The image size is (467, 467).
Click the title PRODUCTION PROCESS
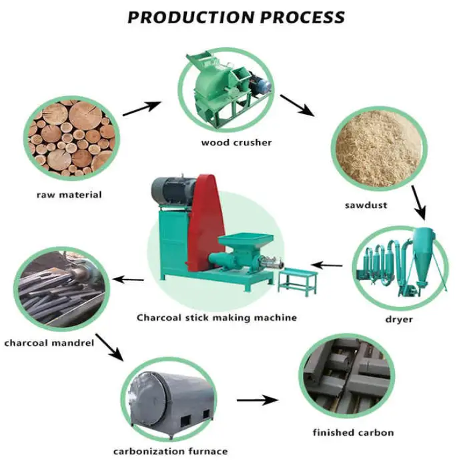click(x=236, y=17)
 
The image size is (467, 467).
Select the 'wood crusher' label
click(x=236, y=142)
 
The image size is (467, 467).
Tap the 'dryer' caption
click(x=399, y=319)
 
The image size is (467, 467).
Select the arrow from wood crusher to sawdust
click(x=298, y=105)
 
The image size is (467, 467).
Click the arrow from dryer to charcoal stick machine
click(x=328, y=266)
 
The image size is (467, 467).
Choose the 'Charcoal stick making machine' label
click(x=217, y=317)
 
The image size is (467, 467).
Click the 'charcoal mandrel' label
click(x=48, y=344)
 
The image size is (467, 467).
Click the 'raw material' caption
click(x=69, y=195)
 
